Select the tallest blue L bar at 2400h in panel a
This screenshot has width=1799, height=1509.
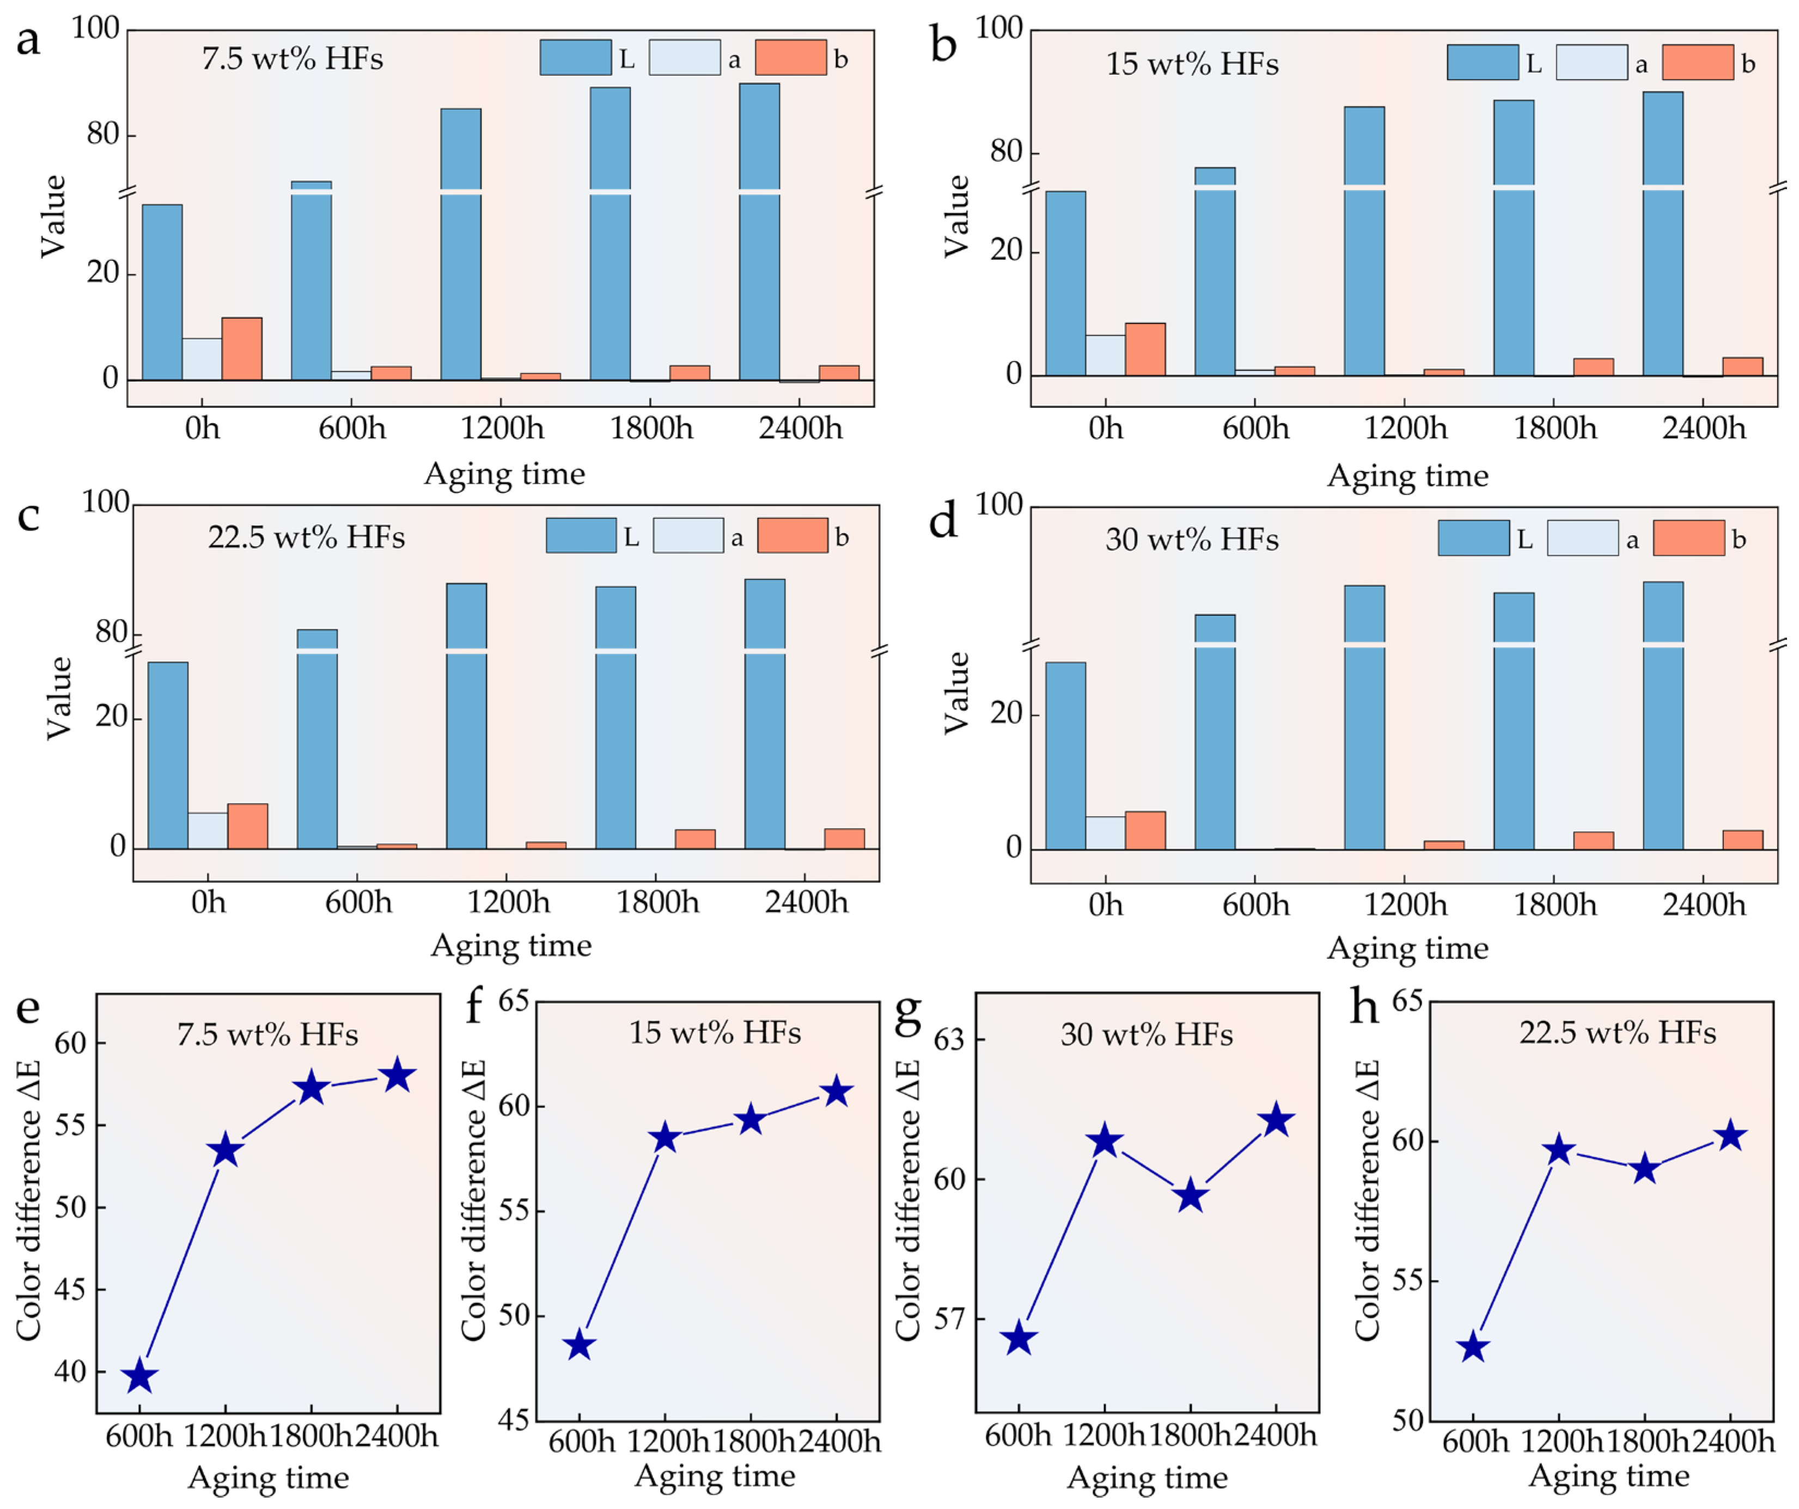[759, 231]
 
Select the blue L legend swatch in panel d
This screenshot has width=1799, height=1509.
[1473, 538]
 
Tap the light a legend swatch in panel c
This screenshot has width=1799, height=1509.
[688, 535]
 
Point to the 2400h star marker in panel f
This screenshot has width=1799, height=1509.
[837, 1092]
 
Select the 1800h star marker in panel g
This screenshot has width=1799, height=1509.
[1191, 1196]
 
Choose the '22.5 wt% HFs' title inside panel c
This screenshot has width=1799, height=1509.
[306, 537]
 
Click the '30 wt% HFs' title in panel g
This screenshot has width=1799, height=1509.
[1146, 1035]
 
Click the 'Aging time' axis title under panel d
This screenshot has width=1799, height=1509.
[1407, 948]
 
